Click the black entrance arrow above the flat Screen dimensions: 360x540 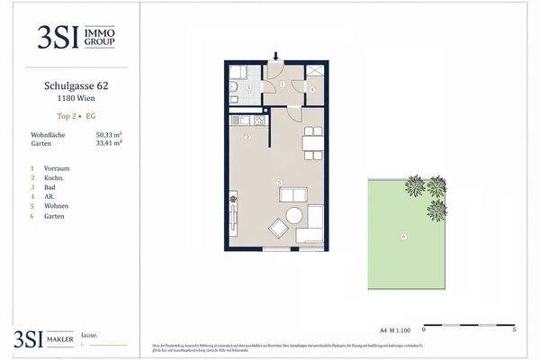pos(274,55)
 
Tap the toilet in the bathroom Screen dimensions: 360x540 pos(234,87)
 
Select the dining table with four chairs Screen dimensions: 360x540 pos(310,141)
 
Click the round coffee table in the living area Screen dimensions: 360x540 pos(294,216)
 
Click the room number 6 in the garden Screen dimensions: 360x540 pos(404,236)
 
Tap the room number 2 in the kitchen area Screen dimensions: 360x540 pos(247,138)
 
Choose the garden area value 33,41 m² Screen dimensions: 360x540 pos(109,142)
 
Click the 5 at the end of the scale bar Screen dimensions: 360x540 pos(513,330)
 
